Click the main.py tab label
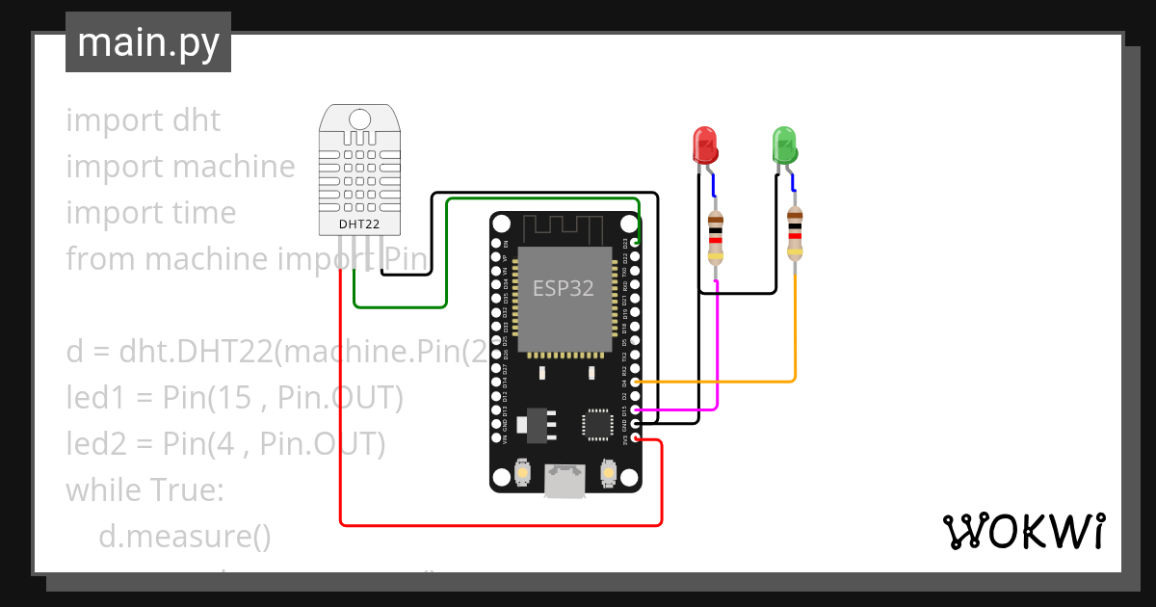point(147,42)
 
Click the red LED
point(705,145)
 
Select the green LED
point(785,145)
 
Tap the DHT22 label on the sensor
point(358,224)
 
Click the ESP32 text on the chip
point(564,288)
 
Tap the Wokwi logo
point(1022,531)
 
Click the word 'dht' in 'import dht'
point(197,120)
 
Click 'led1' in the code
point(94,398)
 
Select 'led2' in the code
point(95,444)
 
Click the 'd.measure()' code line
point(184,537)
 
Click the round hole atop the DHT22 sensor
point(358,119)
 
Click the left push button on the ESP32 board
point(522,472)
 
